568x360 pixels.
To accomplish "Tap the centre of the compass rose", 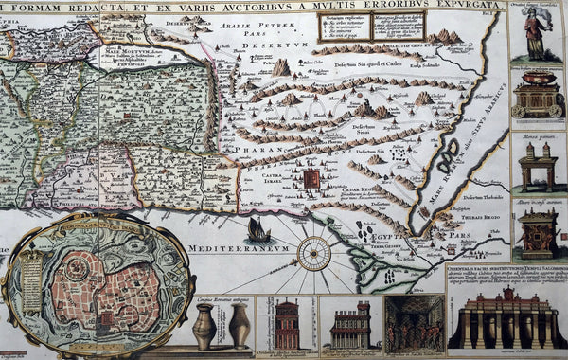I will point(313,252).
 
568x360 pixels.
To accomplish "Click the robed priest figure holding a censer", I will point(534,33).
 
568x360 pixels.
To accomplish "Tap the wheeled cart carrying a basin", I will point(537,94).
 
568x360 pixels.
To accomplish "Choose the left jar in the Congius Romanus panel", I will point(204,327).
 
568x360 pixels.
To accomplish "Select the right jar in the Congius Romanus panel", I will point(239,327).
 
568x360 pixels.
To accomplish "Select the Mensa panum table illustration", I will point(537,164).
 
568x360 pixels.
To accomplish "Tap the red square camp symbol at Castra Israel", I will point(311,178).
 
